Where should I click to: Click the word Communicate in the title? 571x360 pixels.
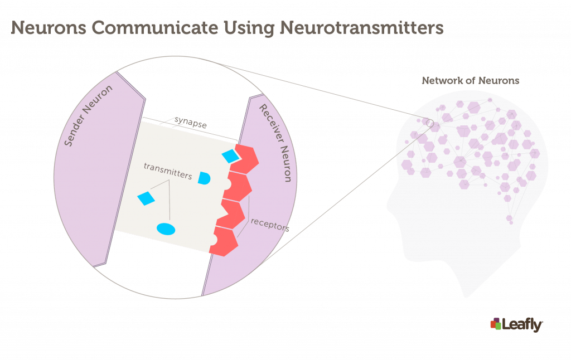coord(154,28)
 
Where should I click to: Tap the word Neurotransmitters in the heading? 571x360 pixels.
coord(361,28)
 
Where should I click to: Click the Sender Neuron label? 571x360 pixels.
coord(88,116)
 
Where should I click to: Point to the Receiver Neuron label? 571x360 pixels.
coord(275,143)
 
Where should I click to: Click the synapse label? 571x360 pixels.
coord(191,122)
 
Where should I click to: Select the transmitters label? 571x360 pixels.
coord(168,171)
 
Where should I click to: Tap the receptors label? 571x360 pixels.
coord(270,225)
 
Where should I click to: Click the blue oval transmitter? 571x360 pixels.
coord(166,229)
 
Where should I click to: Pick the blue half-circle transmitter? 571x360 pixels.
coord(204,178)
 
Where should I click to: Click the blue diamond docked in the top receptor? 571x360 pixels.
coord(230,156)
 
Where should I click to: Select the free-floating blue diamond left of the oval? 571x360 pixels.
coord(146,198)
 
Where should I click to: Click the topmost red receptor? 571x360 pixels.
coord(245,159)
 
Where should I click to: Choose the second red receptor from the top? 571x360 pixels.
coord(238,186)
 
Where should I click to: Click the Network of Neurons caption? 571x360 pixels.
coord(471,80)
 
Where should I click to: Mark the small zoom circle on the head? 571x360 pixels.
coord(430,123)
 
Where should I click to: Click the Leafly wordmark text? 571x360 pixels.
coord(522,325)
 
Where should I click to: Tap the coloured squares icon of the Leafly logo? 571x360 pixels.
coord(496,324)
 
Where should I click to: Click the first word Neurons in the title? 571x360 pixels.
coord(49,28)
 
